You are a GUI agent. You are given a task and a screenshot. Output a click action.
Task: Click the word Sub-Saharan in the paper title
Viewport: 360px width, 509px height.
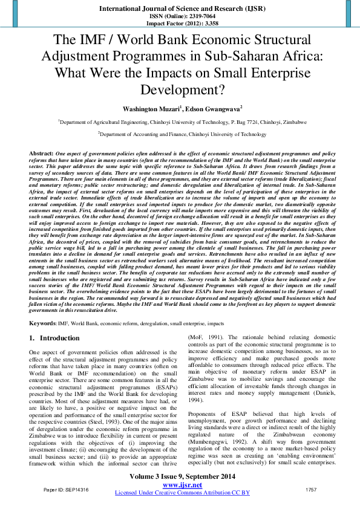coord(254,57)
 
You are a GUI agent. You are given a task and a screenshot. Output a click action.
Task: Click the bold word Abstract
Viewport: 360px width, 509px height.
coord(42,155)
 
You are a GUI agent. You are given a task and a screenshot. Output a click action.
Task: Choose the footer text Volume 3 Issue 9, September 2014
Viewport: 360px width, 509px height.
coord(182,478)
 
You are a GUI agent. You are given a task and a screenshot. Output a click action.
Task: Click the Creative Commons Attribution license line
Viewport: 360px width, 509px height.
coord(182,493)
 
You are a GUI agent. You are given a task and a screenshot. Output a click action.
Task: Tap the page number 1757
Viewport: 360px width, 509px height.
coord(311,488)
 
